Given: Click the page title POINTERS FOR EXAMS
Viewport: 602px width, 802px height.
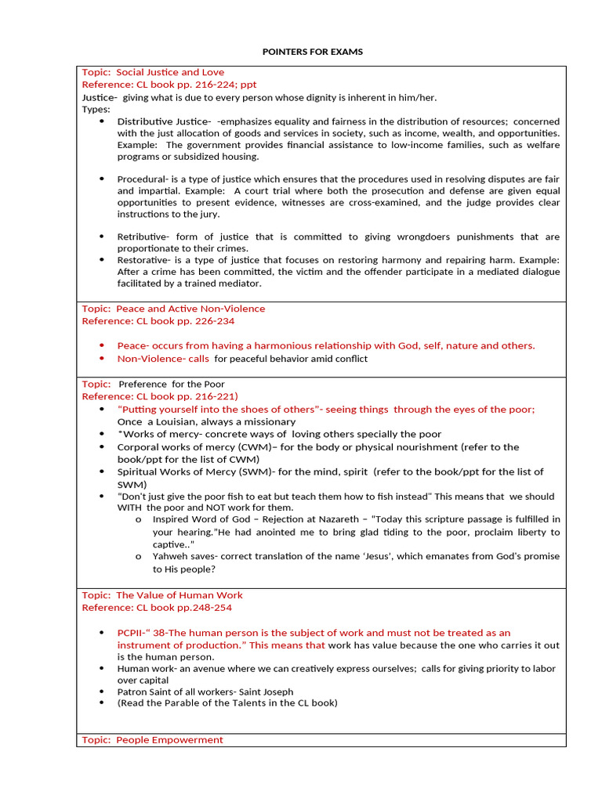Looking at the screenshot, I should click(x=312, y=52).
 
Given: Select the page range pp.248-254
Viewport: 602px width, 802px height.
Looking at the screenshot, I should click(x=204, y=608).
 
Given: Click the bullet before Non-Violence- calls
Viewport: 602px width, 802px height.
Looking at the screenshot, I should click(x=102, y=359).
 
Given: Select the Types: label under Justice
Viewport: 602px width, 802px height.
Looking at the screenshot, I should click(x=96, y=110).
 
